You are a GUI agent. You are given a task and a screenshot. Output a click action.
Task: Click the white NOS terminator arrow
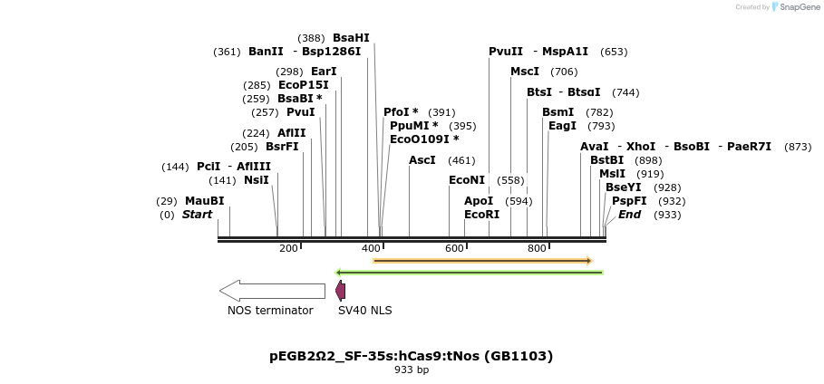pos(272,291)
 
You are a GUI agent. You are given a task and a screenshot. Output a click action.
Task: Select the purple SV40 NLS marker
pos(340,291)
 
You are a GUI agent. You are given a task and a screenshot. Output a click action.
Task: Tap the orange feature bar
pos(482,261)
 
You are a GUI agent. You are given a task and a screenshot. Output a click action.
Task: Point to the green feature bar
pos(469,272)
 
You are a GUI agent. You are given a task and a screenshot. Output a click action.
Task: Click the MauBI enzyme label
pos(204,201)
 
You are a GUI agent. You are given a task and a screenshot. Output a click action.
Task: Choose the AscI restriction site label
pos(422,160)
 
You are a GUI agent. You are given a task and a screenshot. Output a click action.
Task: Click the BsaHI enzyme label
pos(351,38)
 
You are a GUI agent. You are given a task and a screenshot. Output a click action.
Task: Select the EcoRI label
pos(481,215)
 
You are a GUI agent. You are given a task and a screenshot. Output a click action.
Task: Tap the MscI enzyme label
pos(525,72)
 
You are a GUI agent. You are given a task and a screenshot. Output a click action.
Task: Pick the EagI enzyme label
pos(562,126)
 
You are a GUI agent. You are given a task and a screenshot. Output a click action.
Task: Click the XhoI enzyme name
pos(641,147)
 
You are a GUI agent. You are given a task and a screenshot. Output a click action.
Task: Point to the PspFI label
pos(629,201)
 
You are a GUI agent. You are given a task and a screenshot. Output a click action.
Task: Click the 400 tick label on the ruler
pos(371,248)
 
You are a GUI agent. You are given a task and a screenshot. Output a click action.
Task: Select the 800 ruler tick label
pos(537,248)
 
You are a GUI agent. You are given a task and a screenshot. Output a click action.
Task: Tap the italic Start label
pos(197,215)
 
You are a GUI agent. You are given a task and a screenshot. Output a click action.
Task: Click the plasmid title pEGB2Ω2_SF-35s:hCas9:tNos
pos(411,356)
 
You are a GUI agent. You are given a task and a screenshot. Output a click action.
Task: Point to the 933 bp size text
pos(412,370)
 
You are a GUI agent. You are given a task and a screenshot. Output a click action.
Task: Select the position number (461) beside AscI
pos(461,160)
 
